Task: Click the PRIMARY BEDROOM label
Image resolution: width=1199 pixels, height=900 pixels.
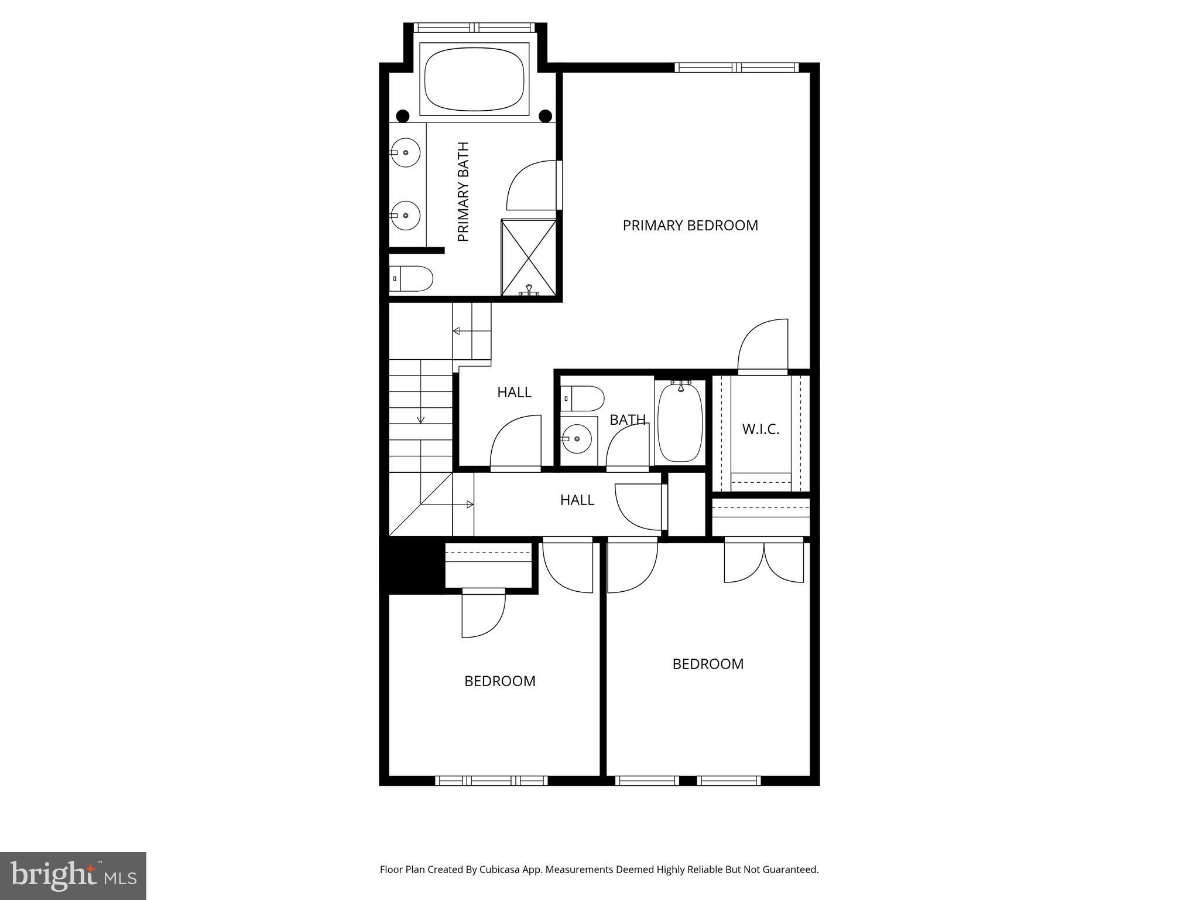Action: [690, 226]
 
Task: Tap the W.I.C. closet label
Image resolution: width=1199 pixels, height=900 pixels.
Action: [760, 429]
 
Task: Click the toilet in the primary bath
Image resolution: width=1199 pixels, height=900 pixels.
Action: [411, 278]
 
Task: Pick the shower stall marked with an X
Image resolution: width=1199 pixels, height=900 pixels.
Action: [529, 258]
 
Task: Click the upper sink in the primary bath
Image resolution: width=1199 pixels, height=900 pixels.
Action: [405, 152]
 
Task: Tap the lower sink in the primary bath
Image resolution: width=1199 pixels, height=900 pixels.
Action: [405, 215]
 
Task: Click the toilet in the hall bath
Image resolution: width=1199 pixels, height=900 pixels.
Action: [583, 398]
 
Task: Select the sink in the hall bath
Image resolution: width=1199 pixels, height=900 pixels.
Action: [576, 439]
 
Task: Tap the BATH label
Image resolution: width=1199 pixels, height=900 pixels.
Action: [628, 420]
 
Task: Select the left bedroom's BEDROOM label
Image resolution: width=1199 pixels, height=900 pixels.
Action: [499, 681]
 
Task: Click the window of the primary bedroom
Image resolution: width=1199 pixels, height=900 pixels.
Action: [736, 68]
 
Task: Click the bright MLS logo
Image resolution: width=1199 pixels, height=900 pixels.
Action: [73, 875]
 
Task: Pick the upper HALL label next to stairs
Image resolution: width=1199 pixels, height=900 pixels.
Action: [514, 393]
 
